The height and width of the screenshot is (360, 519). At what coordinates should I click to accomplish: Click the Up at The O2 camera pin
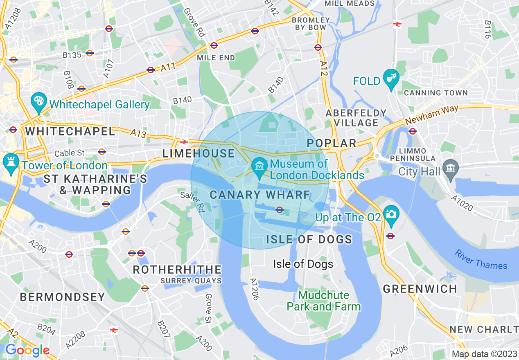pyautogui.click(x=391, y=214)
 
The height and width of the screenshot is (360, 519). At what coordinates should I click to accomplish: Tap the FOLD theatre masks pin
pyautogui.click(x=391, y=78)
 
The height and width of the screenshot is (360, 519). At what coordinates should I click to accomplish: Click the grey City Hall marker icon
pyautogui.click(x=450, y=170)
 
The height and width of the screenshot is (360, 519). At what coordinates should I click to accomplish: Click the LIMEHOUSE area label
pyautogui.click(x=199, y=154)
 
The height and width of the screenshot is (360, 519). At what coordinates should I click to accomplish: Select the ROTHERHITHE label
pyautogui.click(x=177, y=270)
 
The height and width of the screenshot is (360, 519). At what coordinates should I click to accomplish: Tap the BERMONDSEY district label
pyautogui.click(x=62, y=297)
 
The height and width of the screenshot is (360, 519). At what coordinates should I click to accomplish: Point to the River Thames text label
pyautogui.click(x=481, y=259)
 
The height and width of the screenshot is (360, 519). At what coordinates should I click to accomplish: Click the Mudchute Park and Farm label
pyautogui.click(x=323, y=301)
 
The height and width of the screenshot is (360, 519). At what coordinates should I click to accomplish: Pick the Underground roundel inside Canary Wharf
pyautogui.click(x=280, y=210)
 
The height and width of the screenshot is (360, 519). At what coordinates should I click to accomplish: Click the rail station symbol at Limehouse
pyautogui.click(x=184, y=142)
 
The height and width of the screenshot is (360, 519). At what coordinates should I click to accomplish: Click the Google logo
pyautogui.click(x=27, y=350)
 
